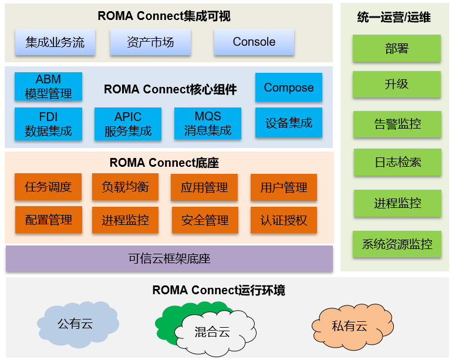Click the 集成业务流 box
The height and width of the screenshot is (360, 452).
coord(55,42)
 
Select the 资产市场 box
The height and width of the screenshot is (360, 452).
coord(150,42)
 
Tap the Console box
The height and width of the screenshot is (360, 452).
coord(254,42)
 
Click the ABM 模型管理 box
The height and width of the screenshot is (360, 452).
coord(48,86)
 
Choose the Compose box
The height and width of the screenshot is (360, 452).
coord(288,88)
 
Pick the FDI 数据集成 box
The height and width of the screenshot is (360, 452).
coord(48,123)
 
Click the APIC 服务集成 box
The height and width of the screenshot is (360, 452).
coord(128,123)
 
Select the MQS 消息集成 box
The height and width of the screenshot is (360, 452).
coord(208,123)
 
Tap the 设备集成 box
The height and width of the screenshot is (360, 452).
coord(288,123)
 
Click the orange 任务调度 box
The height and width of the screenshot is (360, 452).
coord(48,187)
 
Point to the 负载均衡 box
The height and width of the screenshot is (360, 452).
coord(125,187)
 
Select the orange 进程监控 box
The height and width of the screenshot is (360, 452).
coord(125,220)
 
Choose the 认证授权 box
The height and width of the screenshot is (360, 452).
coord(284,220)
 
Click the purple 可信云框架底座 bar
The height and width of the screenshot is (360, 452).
coord(169,258)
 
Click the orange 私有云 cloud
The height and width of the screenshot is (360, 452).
coord(349,325)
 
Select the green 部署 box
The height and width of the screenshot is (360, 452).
coord(397,49)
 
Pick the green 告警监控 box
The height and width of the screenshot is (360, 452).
coord(397,124)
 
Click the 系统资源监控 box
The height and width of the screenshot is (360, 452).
coord(397,244)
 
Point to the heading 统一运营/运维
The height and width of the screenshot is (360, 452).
coord(394,18)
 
